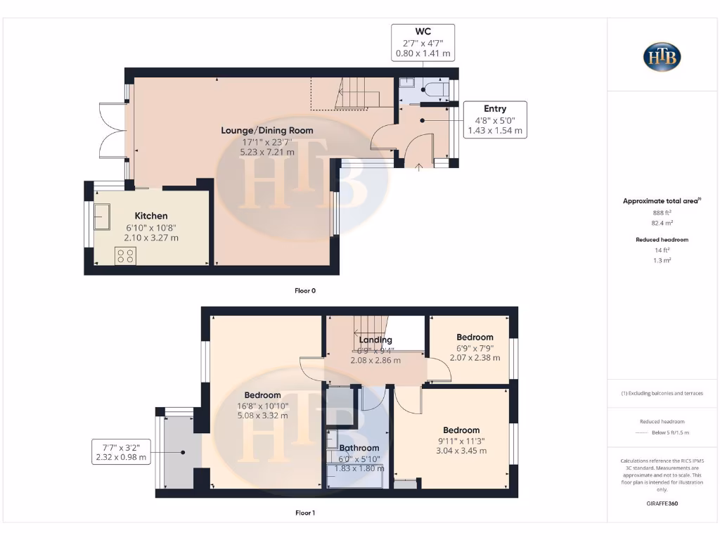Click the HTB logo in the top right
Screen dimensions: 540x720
coord(662,57)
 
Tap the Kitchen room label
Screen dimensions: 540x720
coord(151,216)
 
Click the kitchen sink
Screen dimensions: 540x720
coord(103,217)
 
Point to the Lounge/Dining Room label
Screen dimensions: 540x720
coord(267,130)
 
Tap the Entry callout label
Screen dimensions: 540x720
coord(494,108)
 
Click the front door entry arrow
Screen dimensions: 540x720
coord(419,167)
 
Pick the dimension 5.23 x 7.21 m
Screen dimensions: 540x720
coord(267,152)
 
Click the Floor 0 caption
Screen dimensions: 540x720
coord(304,290)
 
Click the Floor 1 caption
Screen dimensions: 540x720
coord(304,513)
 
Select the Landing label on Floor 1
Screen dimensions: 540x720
coord(375,340)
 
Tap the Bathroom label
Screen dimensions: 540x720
coord(359,448)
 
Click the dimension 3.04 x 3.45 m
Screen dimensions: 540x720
coord(461,451)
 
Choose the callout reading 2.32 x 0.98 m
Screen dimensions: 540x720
coord(121,457)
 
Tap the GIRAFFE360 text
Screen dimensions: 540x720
coord(661,503)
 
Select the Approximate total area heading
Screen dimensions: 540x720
coord(661,201)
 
